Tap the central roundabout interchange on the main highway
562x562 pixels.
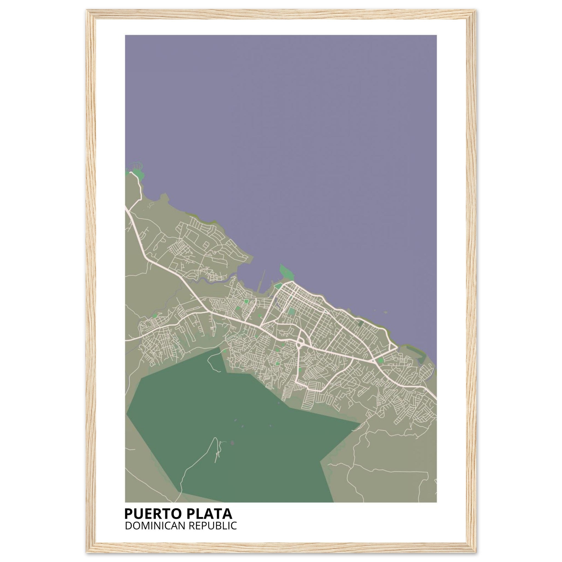tap(299, 345)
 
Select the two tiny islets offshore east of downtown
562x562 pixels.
tap(386, 312)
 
